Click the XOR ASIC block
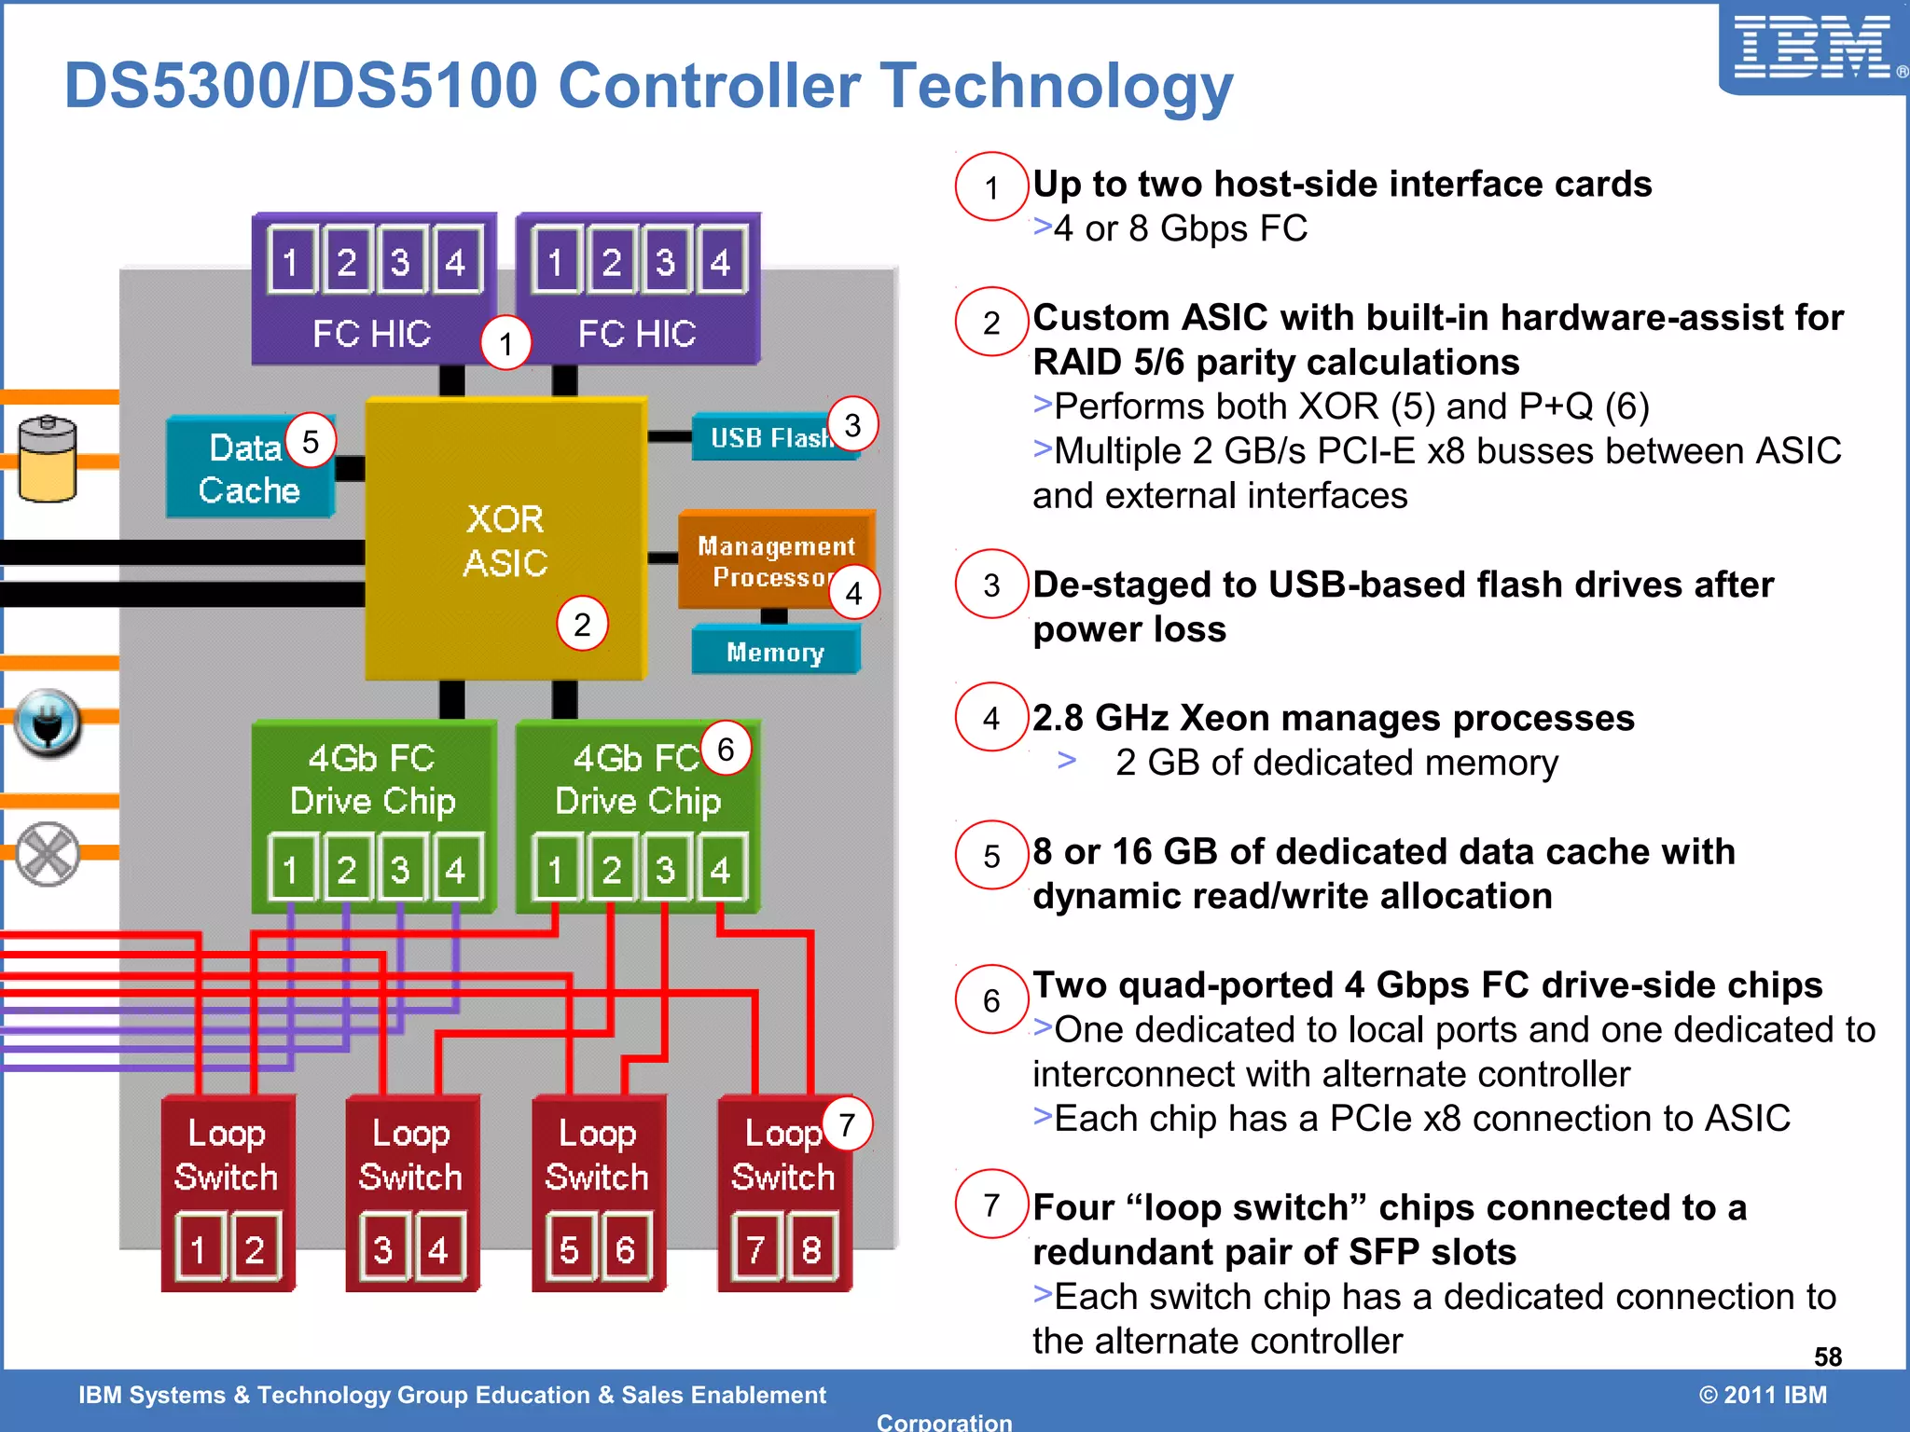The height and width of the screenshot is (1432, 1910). [x=505, y=541]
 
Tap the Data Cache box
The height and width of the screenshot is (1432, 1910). [x=248, y=469]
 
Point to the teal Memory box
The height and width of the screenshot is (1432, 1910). [x=775, y=652]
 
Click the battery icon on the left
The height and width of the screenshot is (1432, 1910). [x=48, y=459]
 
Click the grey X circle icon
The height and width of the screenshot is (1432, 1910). [x=48, y=854]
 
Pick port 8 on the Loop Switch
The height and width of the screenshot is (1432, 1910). [x=811, y=1248]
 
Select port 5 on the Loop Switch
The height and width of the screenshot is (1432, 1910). [x=569, y=1248]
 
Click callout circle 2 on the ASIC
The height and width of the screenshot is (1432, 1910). [x=582, y=624]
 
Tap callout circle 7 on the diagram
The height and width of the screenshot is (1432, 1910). [x=847, y=1124]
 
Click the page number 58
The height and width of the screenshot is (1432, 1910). [x=1827, y=1356]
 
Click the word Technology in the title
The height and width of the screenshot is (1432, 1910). [x=1057, y=86]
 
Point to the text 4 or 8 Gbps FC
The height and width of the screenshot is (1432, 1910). [x=1180, y=228]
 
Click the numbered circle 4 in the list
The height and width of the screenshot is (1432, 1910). [x=990, y=718]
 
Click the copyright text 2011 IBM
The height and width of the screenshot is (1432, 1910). [x=1763, y=1395]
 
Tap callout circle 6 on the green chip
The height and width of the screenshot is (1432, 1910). [x=726, y=749]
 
